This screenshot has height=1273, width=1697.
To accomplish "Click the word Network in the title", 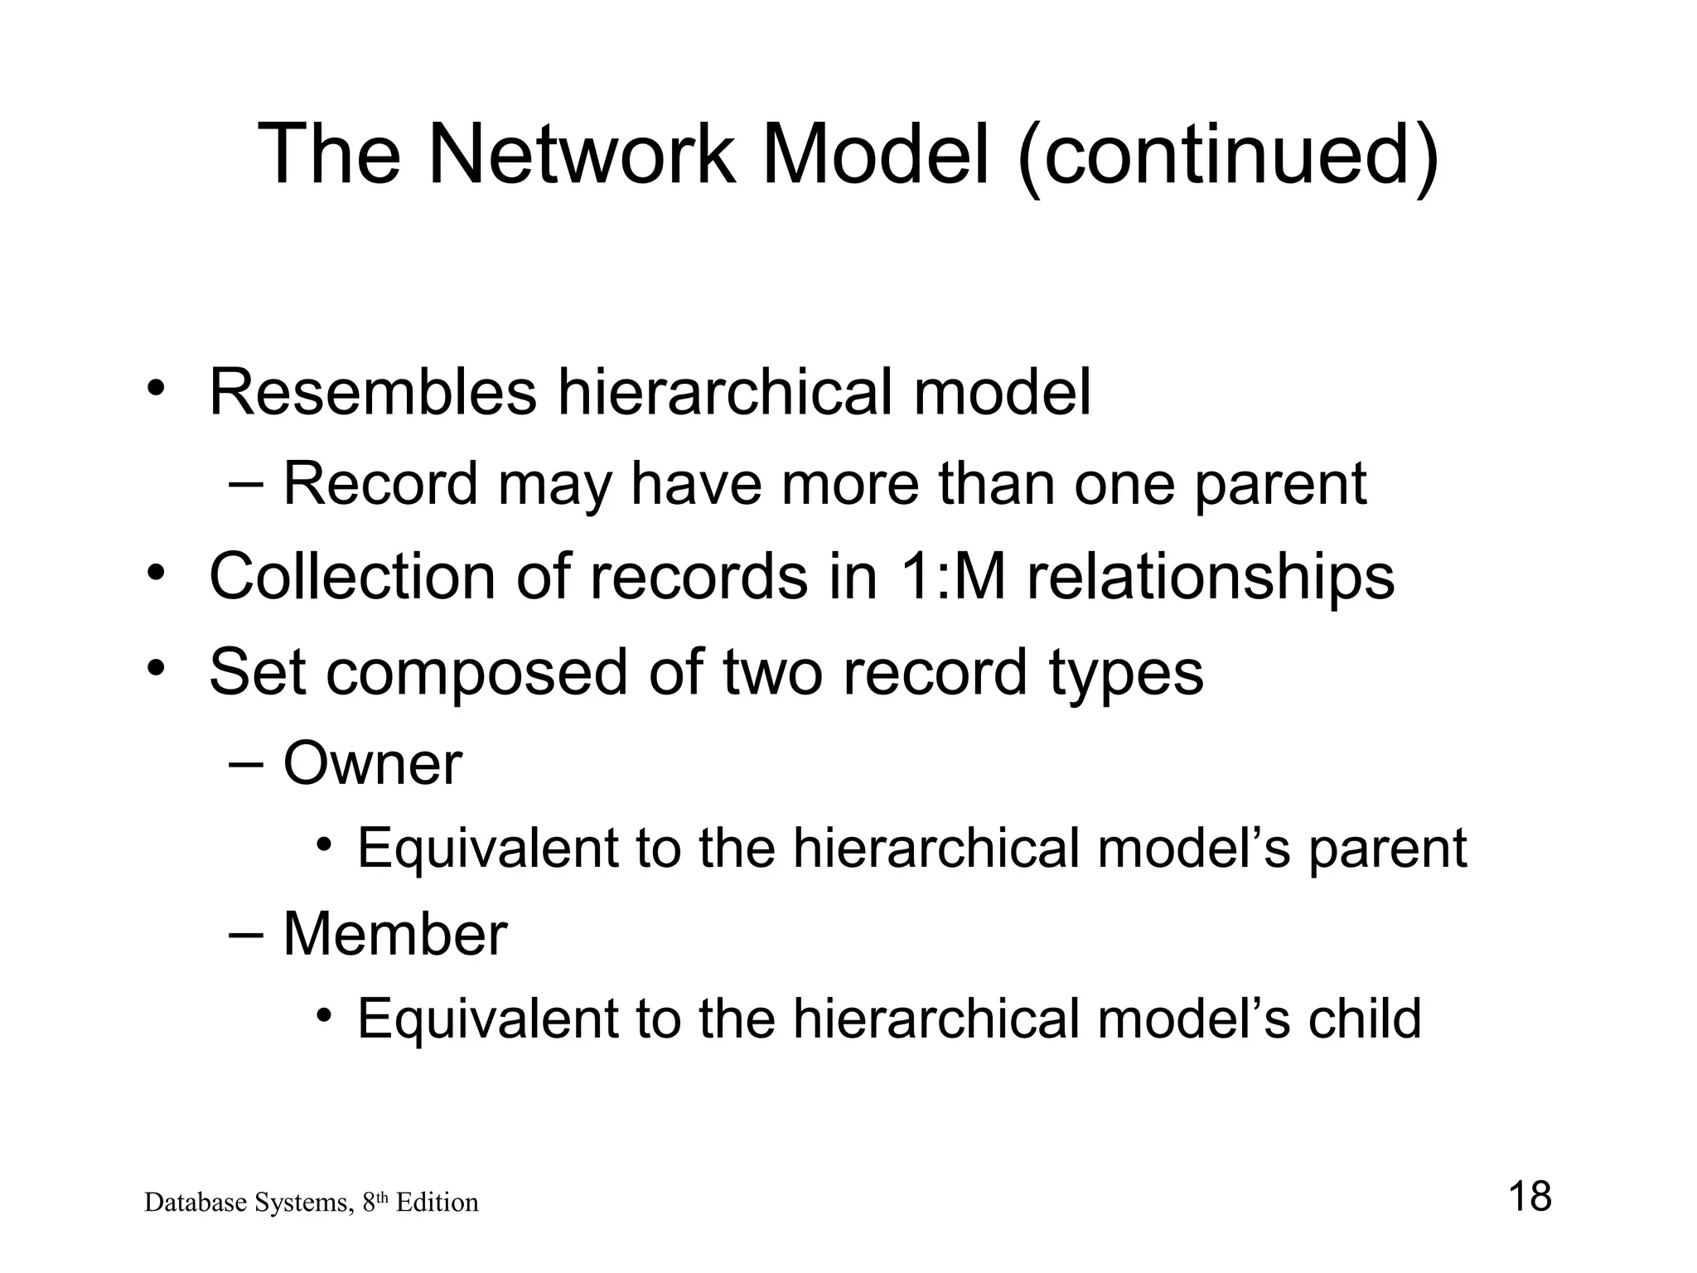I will (580, 154).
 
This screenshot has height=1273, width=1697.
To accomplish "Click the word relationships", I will (1211, 578).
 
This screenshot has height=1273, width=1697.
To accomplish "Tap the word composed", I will (476, 673).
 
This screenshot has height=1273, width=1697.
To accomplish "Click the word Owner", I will (373, 763).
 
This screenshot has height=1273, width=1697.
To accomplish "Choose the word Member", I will (395, 934).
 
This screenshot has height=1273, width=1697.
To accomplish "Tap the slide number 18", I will (1530, 1197).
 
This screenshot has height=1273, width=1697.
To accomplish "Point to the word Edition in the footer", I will (437, 1203).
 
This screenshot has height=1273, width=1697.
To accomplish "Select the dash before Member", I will (244, 934).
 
